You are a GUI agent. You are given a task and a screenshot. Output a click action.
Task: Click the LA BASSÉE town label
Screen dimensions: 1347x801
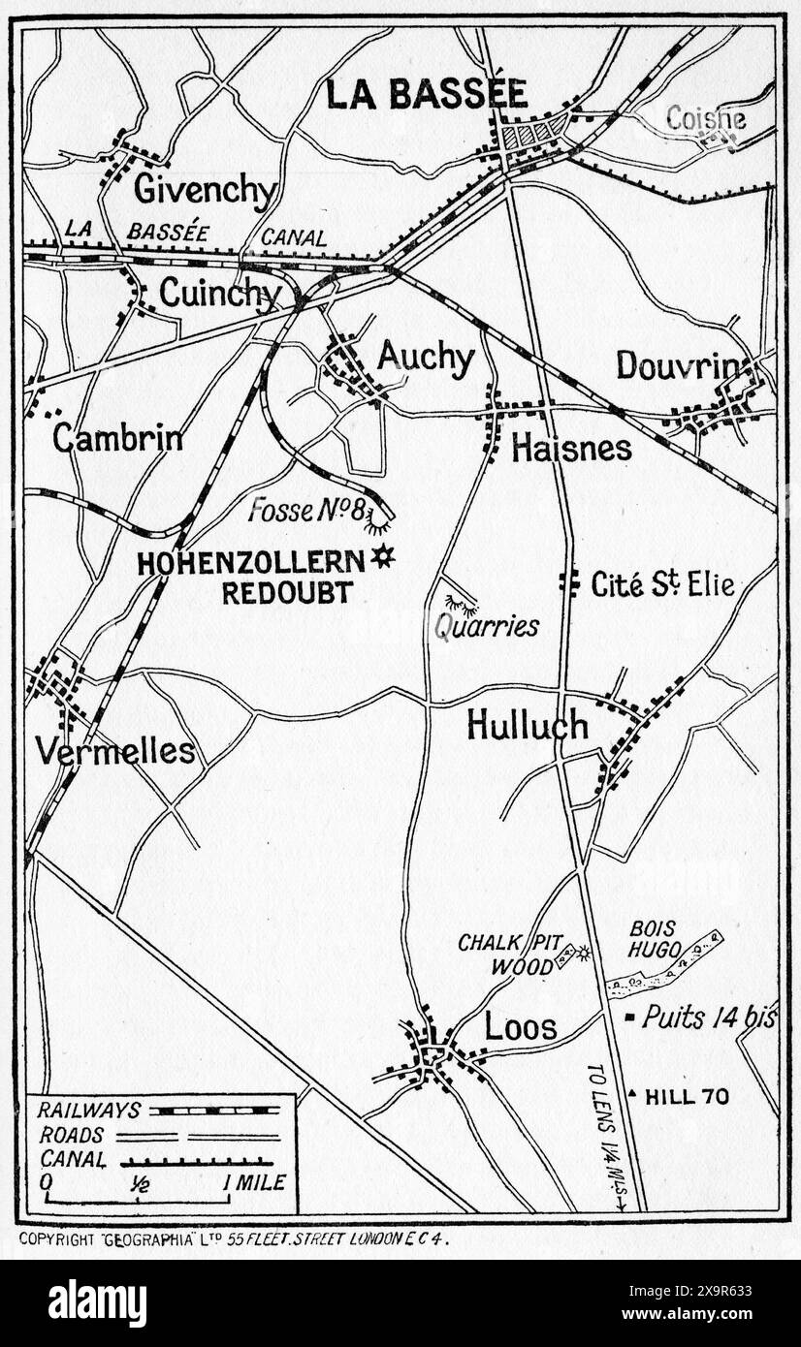pyautogui.click(x=427, y=94)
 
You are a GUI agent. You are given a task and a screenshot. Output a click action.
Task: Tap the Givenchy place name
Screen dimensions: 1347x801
pyautogui.click(x=205, y=190)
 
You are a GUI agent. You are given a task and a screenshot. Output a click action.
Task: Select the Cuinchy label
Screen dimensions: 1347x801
pyautogui.click(x=220, y=293)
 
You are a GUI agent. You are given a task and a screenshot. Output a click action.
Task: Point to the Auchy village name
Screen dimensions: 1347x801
pyautogui.click(x=426, y=359)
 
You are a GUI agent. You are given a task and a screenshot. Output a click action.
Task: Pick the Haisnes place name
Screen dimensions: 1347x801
pyautogui.click(x=571, y=448)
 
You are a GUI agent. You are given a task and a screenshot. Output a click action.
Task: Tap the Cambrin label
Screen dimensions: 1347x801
pyautogui.click(x=117, y=438)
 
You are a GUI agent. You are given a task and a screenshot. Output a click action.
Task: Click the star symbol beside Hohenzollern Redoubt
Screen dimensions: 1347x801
pyautogui.click(x=384, y=557)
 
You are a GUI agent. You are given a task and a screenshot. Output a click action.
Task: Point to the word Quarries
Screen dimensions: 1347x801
pyautogui.click(x=487, y=626)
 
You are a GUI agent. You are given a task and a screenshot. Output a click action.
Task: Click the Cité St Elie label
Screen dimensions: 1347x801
pyautogui.click(x=662, y=584)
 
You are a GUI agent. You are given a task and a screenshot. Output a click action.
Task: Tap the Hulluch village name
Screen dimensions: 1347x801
pyautogui.click(x=528, y=724)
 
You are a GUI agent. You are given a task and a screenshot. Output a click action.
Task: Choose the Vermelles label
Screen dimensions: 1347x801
pyautogui.click(x=114, y=750)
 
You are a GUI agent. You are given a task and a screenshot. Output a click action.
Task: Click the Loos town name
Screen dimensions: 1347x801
pyautogui.click(x=521, y=1027)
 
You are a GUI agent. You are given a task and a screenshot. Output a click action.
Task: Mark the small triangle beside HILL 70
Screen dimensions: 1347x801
pyautogui.click(x=633, y=1095)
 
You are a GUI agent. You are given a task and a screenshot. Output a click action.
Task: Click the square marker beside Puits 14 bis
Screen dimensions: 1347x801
pyautogui.click(x=630, y=1018)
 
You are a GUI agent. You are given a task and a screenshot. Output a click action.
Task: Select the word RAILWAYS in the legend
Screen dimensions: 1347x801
pyautogui.click(x=90, y=1111)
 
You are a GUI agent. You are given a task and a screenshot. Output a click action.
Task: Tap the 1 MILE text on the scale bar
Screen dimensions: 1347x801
pyautogui.click(x=254, y=1182)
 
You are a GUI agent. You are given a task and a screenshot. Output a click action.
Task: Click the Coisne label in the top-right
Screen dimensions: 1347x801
pyautogui.click(x=705, y=118)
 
